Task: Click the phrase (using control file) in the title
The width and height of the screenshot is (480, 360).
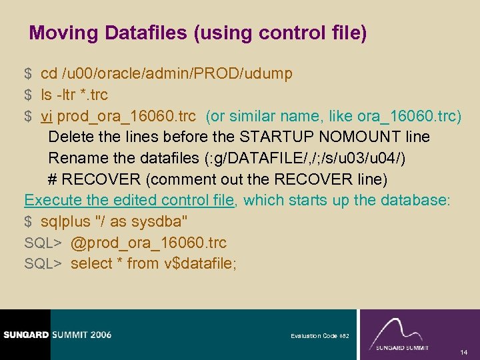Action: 280,33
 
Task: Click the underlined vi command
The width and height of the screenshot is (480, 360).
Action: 47,116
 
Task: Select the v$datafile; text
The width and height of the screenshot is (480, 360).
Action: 200,263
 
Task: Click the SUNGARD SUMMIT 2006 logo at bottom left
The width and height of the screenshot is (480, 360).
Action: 56,335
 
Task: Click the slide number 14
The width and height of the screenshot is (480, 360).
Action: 463,351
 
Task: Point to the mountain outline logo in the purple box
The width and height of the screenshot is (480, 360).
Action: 400,329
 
